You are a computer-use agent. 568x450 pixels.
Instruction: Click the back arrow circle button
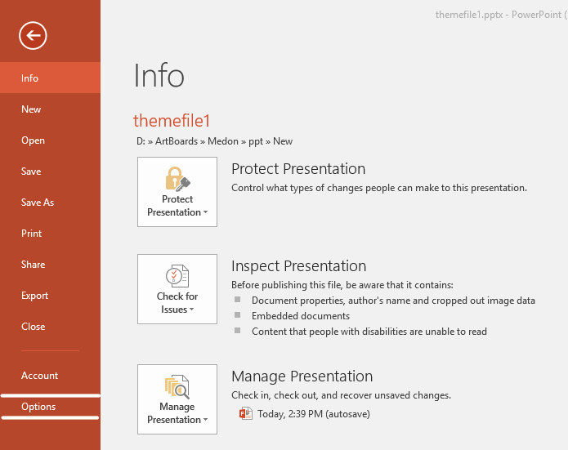(33, 35)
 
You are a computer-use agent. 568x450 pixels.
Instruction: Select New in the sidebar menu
(31, 109)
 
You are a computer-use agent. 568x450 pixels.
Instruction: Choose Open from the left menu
(33, 140)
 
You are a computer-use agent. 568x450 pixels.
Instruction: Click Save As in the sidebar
(38, 203)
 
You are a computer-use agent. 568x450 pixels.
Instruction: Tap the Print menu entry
(32, 234)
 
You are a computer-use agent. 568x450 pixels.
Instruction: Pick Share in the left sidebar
(33, 265)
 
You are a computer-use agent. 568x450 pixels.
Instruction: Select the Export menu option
(34, 296)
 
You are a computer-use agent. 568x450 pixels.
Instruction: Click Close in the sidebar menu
(33, 327)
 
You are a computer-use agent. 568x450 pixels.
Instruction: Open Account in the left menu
(39, 376)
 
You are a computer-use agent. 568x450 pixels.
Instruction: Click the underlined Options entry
(38, 407)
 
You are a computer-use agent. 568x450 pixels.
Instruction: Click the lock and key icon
(177, 179)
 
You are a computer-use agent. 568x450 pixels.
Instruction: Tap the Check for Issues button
(177, 289)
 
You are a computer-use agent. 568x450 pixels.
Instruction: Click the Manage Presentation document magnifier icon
(177, 386)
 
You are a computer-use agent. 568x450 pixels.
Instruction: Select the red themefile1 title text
(172, 121)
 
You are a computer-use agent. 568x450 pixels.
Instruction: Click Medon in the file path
(223, 141)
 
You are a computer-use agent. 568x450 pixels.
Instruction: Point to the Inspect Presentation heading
(299, 266)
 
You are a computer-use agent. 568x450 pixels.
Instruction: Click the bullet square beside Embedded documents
(237, 315)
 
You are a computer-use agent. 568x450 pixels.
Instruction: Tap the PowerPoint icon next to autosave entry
(246, 413)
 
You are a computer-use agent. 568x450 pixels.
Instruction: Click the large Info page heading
(159, 75)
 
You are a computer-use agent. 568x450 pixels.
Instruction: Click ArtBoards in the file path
(177, 141)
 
